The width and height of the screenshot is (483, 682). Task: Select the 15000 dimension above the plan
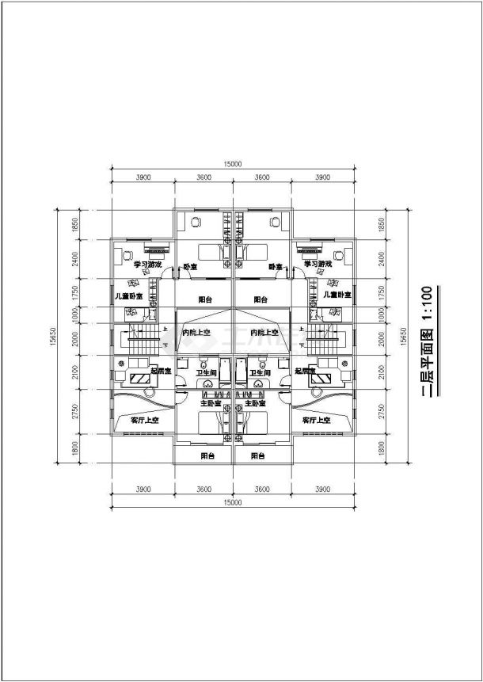233,164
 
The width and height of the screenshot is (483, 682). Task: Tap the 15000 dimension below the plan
233,503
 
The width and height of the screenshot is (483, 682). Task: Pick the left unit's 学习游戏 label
147,264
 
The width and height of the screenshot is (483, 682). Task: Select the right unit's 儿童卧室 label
338,294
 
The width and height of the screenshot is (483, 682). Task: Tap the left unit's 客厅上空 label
146,421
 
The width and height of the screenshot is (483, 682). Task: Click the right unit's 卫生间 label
261,371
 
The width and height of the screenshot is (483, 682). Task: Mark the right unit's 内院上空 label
262,332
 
